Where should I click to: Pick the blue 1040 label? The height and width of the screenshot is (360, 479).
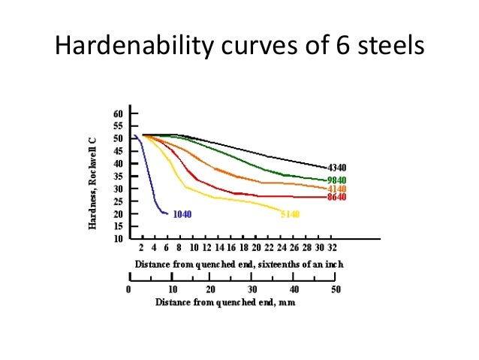(x=182, y=214)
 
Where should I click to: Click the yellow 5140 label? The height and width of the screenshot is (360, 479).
(x=291, y=214)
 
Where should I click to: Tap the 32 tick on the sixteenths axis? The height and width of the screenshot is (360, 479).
(x=332, y=247)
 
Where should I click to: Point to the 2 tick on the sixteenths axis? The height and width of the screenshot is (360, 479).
(x=142, y=247)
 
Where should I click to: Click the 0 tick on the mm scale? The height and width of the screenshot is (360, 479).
(x=128, y=289)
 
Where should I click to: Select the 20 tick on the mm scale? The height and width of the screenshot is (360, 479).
(x=211, y=289)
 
